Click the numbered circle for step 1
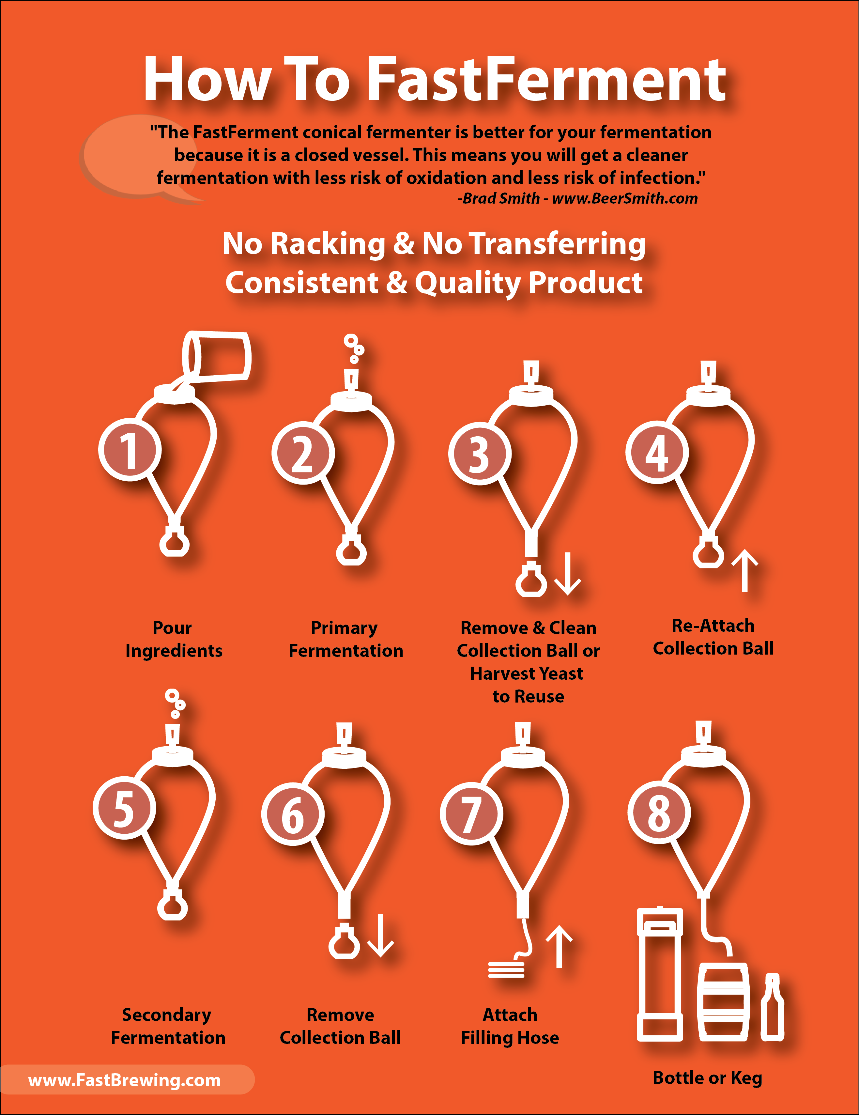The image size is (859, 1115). tap(130, 449)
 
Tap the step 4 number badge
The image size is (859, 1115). tap(657, 452)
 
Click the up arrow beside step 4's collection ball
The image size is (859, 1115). tap(745, 570)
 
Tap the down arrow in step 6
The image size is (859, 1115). tap(381, 935)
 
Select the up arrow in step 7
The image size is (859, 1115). tap(560, 946)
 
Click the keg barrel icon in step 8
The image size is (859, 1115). tap(723, 1002)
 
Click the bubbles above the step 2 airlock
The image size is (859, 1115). tap(354, 348)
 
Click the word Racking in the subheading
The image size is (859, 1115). tap(328, 244)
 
